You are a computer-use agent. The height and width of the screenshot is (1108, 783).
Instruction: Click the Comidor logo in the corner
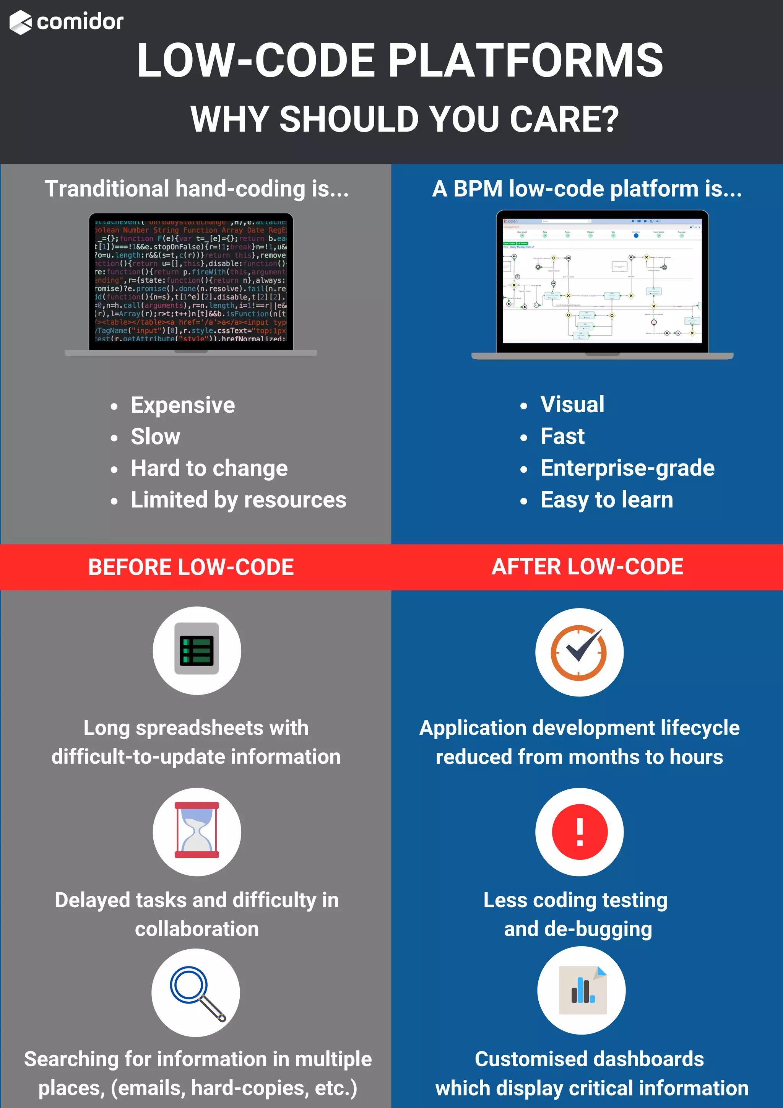[67, 22]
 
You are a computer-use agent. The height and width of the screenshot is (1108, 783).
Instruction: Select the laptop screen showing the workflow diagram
[602, 280]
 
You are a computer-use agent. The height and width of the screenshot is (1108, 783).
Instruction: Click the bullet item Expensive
[182, 405]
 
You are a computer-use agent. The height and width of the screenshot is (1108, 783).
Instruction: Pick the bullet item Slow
[155, 437]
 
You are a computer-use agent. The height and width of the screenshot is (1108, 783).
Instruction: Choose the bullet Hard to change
[209, 468]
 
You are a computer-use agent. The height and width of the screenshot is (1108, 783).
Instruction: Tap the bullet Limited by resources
[238, 500]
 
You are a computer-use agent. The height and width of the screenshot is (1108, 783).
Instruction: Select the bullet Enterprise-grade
[627, 468]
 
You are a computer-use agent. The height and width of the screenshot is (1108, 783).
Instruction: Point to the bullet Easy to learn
[606, 500]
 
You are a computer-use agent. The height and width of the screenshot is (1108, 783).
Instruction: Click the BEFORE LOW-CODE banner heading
[191, 567]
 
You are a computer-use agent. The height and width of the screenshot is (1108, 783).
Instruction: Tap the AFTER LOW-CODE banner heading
[587, 566]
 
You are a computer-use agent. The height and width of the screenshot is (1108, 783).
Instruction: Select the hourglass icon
[197, 831]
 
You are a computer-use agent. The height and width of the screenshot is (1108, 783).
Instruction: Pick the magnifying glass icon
[197, 992]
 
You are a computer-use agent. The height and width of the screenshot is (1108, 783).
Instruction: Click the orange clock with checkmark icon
[579, 652]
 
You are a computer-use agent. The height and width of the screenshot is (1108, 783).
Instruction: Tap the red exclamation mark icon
[579, 831]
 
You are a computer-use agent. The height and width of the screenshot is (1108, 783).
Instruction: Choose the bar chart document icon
[582, 990]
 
